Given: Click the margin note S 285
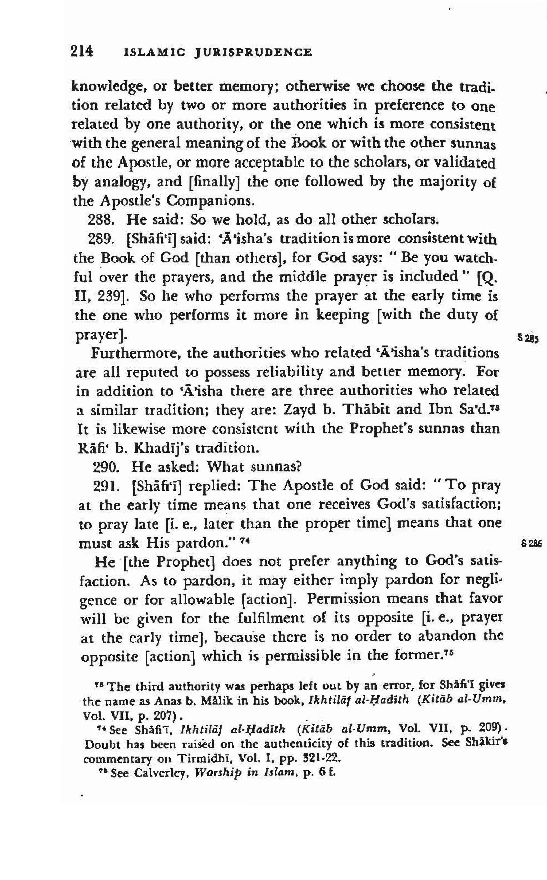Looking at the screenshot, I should tap(528, 339).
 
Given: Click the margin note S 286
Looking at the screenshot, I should tap(531, 543).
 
